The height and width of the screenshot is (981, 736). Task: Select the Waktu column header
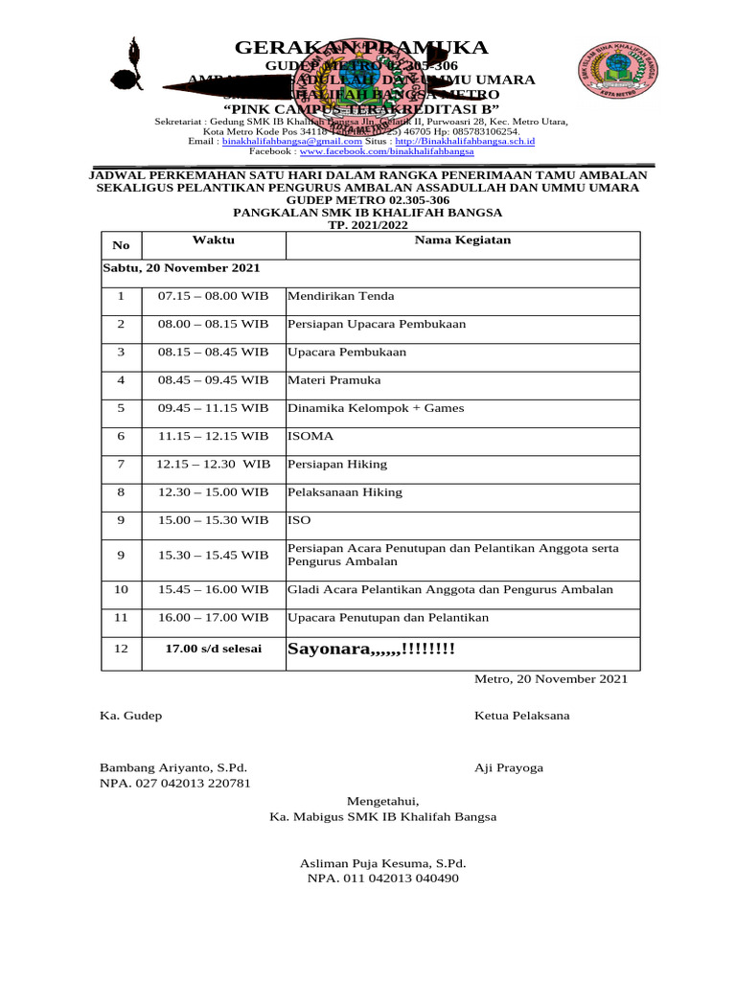213,240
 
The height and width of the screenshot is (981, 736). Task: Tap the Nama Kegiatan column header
462,240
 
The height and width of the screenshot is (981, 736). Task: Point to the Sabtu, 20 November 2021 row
181,269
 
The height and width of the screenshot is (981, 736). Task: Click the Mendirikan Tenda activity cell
341,296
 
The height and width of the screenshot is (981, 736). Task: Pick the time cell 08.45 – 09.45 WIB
213,380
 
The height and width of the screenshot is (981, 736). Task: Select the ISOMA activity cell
310,436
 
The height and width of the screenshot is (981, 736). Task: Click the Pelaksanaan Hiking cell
345,492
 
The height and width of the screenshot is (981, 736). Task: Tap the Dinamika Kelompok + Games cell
376,408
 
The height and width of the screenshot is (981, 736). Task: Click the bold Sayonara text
372,650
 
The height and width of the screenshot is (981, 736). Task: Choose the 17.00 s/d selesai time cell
213,650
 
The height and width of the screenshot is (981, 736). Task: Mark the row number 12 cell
121,650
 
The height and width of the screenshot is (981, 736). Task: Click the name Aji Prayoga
509,767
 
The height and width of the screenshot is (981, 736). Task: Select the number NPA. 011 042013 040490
382,878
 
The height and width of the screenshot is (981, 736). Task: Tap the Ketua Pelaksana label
521,716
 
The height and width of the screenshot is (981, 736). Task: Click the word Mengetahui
382,801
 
